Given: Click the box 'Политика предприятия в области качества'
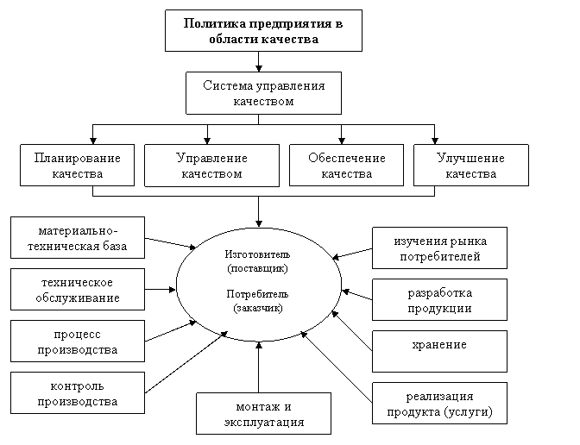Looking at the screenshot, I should [x=263, y=31].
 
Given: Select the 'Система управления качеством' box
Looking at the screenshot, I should [x=263, y=93].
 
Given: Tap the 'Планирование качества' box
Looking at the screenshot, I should [x=77, y=166].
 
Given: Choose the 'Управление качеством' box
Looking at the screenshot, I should [x=211, y=166].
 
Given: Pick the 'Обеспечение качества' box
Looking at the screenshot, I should [x=346, y=166].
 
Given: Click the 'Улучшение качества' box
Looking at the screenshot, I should [x=470, y=166].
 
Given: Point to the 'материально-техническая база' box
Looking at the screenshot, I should [x=77, y=238].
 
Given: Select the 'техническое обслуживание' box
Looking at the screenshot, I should [x=77, y=291].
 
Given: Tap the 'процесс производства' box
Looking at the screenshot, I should [x=77, y=342].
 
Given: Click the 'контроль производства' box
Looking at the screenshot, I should [x=77, y=393].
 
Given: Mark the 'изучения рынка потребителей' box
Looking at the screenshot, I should [x=439, y=248].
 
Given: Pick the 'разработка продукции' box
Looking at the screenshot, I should [x=439, y=300].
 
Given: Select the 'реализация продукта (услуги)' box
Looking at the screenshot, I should [x=439, y=404].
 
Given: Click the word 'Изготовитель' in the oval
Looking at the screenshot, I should [x=258, y=255].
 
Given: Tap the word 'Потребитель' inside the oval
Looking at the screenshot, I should [x=258, y=294].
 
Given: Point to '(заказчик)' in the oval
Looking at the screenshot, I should [x=258, y=307].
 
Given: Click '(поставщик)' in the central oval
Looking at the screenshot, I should [x=258, y=268].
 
